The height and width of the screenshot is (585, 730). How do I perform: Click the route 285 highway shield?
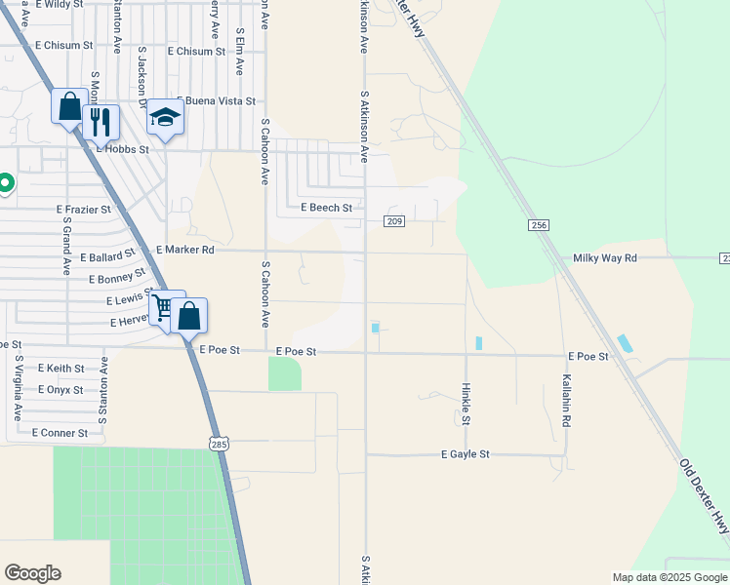(x=218, y=444)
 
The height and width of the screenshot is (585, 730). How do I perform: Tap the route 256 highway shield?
(x=538, y=225)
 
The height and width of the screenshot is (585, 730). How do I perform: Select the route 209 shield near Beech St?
(x=394, y=221)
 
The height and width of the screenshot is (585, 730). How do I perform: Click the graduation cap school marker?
(x=165, y=119)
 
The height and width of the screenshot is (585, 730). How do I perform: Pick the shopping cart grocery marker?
(x=165, y=309)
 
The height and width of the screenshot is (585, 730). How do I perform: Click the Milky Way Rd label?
(x=604, y=257)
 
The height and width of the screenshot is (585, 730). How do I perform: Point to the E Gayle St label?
(x=465, y=454)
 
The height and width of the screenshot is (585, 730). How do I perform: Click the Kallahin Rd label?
(x=566, y=402)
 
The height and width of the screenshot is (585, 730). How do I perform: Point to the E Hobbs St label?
(x=122, y=150)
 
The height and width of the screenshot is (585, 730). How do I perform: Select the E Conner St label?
(x=60, y=432)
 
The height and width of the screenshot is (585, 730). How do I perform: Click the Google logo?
(x=33, y=573)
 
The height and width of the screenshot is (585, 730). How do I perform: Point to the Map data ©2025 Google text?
(x=669, y=577)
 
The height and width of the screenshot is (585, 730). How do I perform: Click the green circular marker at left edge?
(x=5, y=182)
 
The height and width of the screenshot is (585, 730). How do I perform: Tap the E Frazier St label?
(x=83, y=210)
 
